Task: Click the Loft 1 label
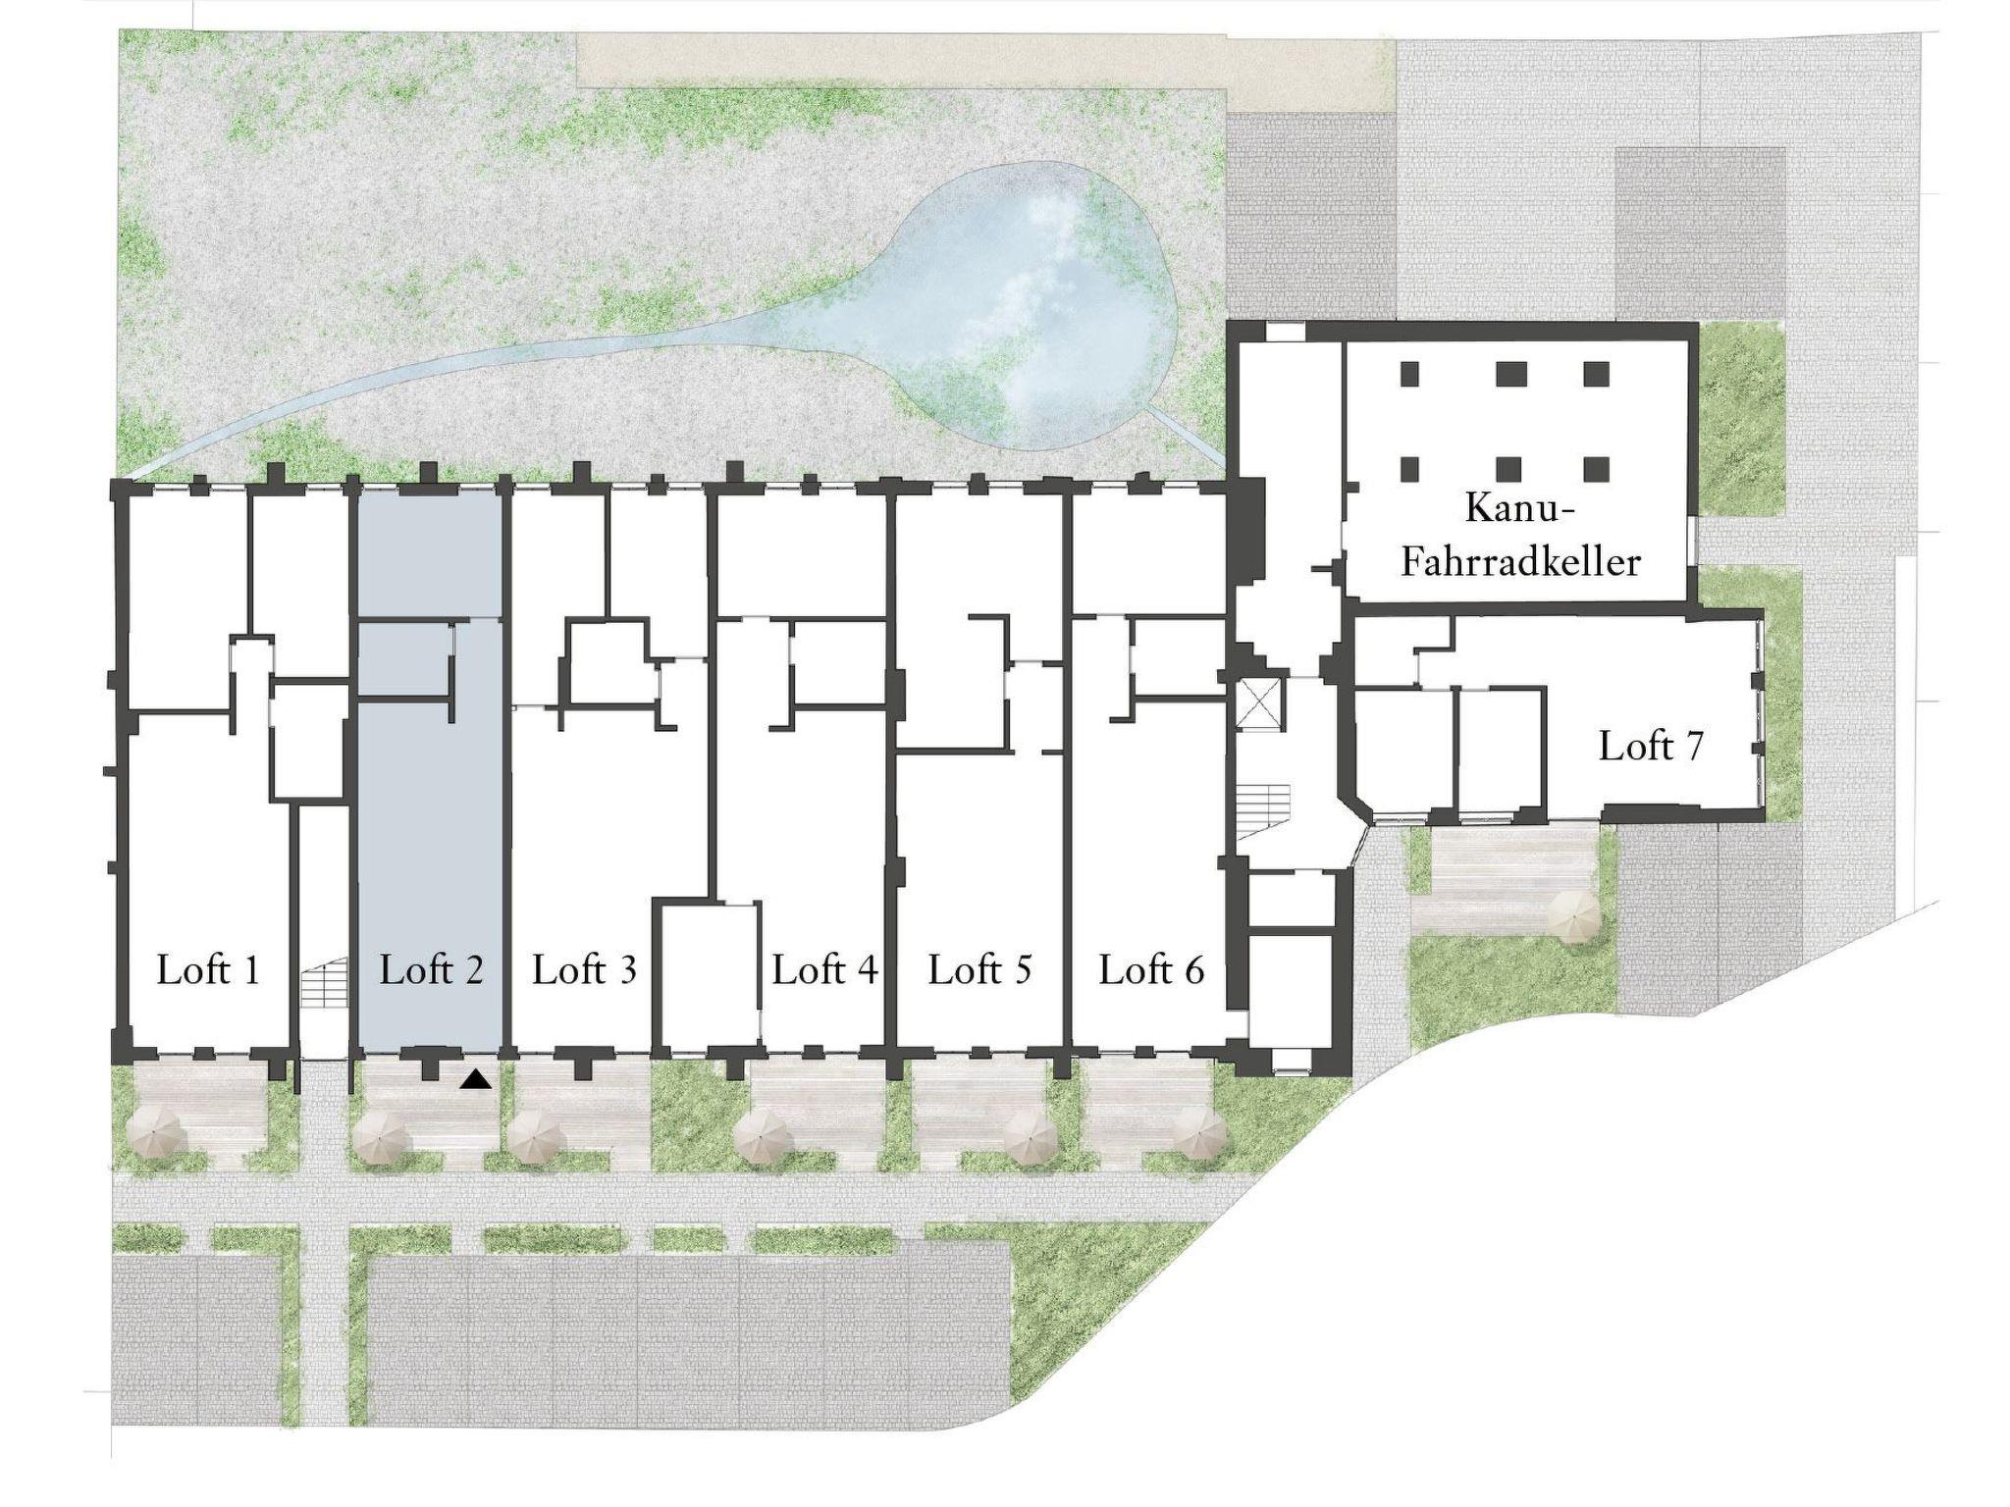[208, 969]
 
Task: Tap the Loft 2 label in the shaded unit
[431, 969]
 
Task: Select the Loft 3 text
[584, 969]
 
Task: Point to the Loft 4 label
[824, 969]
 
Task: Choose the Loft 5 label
[979, 969]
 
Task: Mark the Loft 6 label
[1151, 969]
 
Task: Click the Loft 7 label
[1651, 746]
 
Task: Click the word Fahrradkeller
[1520, 562]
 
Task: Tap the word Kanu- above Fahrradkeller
[1519, 508]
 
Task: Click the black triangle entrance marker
[476, 1079]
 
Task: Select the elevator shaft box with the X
[1259, 703]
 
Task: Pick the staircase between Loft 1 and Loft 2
[323, 983]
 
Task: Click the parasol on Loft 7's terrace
[1574, 919]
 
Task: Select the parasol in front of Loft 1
[159, 1135]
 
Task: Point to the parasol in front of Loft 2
[381, 1137]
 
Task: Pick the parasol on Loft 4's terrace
[761, 1137]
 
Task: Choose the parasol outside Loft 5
[1031, 1137]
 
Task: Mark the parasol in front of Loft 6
[1200, 1137]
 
